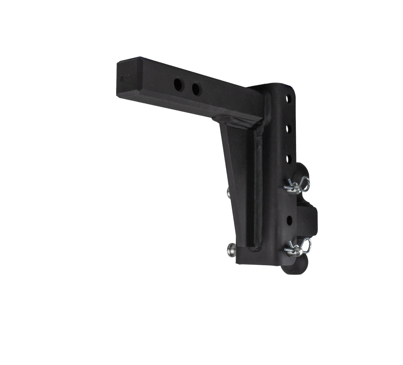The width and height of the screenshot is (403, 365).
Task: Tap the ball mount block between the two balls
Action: coord(307,218)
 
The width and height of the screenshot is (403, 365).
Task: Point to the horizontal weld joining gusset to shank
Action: coord(237,123)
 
